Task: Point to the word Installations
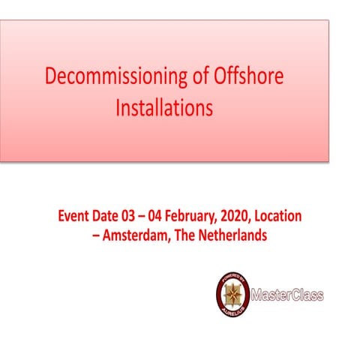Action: point(164,108)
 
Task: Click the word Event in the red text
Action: point(76,217)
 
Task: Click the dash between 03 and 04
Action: point(156,217)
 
